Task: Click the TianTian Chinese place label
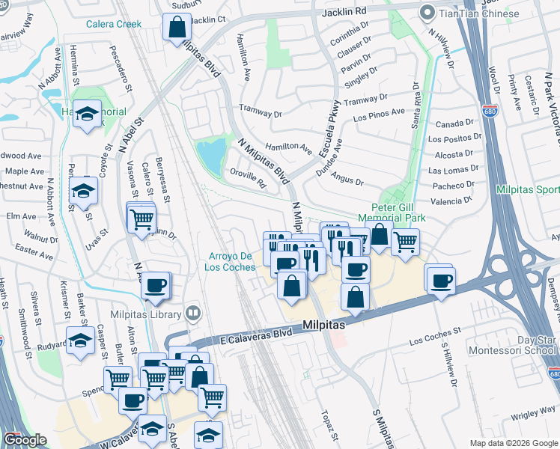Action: click(x=480, y=13)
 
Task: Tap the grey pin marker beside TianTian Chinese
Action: click(x=428, y=13)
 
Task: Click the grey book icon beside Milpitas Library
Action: click(x=193, y=312)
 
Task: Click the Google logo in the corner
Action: click(x=25, y=439)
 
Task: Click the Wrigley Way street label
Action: click(x=534, y=413)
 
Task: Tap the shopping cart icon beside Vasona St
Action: click(x=141, y=219)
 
